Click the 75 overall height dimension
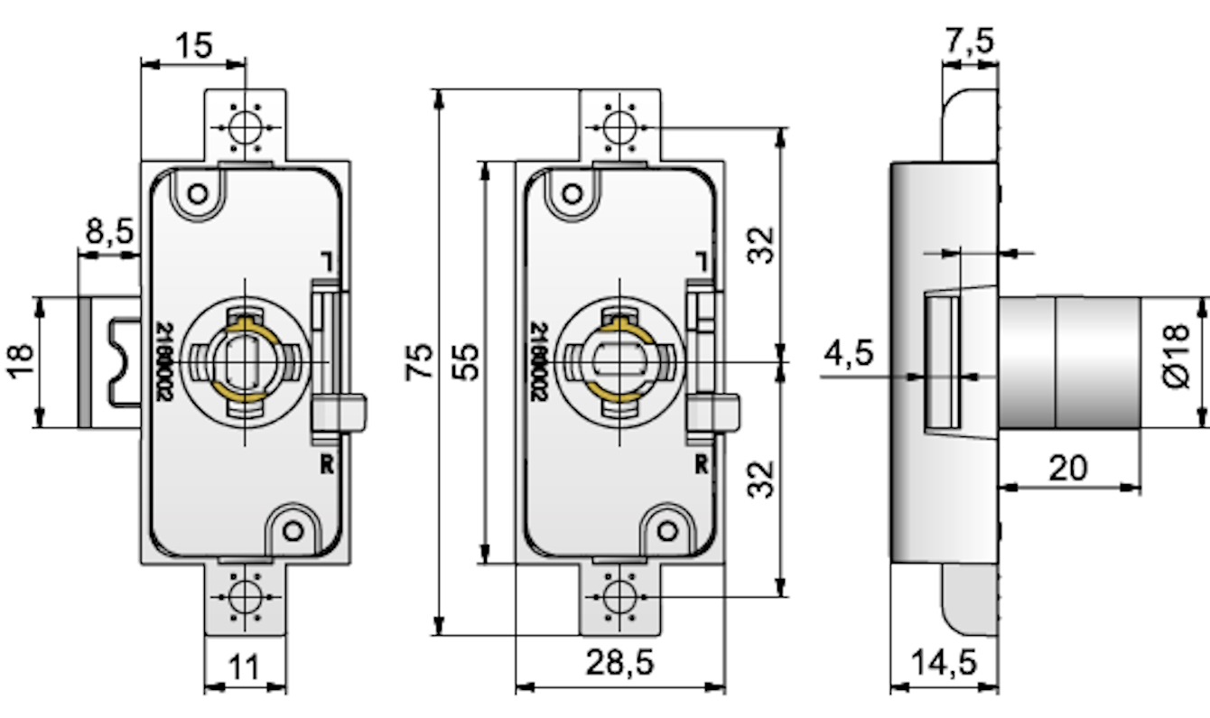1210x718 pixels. tap(419, 360)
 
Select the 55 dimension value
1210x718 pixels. tap(466, 360)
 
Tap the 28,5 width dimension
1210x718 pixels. tap(619, 663)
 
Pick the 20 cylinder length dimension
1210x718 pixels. tap(1069, 468)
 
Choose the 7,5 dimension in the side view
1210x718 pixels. tap(970, 41)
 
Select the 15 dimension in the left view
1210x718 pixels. tap(193, 45)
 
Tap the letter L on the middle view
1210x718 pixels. tap(701, 261)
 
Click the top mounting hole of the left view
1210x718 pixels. tap(245, 126)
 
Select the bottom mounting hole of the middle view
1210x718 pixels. tap(619, 595)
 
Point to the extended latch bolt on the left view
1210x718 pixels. tap(108, 361)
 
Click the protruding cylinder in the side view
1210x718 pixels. tap(1069, 361)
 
